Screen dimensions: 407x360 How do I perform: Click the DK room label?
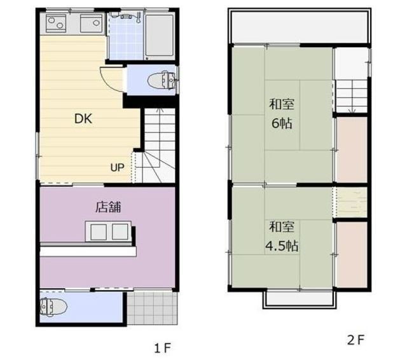tap(83, 119)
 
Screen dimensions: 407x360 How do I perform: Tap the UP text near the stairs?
tap(117, 168)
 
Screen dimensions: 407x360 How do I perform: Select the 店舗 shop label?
tap(108, 207)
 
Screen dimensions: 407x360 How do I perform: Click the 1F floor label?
tap(163, 348)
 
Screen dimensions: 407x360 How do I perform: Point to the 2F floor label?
tap(356, 340)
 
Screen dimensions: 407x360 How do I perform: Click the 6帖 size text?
tap(282, 123)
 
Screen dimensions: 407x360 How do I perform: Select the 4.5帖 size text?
tap(282, 246)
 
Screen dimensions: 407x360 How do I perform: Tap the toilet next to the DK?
tap(163, 80)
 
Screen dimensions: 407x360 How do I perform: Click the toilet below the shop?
tap(53, 307)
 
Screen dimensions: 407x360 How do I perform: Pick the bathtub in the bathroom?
tap(159, 35)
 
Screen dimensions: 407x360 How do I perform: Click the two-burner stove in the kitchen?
tap(56, 23)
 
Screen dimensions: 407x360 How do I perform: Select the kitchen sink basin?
tap(92, 23)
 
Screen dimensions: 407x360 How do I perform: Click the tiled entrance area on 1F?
tap(153, 308)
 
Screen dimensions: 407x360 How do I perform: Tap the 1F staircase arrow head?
tap(160, 109)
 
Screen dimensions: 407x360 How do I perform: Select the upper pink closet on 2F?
tap(352, 149)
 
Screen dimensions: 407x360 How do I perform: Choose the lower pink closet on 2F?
tap(352, 254)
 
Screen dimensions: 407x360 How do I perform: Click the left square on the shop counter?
tap(99, 232)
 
